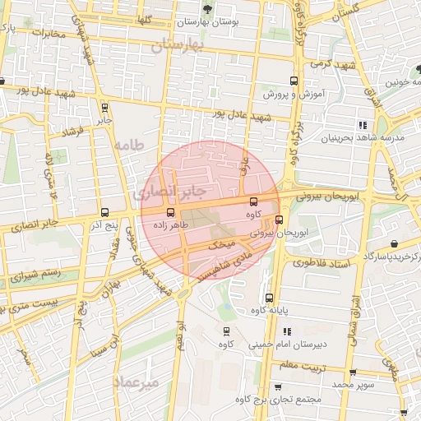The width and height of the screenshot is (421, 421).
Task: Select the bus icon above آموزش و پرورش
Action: [294, 81]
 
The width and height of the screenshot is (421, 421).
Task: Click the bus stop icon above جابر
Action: [104, 107]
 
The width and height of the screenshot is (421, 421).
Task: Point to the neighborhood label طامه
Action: [129, 145]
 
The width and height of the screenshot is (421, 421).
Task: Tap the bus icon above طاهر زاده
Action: [170, 212]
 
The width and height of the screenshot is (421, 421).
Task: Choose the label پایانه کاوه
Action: [269, 310]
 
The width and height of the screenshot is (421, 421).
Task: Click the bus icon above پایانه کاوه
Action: [269, 298]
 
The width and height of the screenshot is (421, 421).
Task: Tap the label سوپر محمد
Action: [353, 384]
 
